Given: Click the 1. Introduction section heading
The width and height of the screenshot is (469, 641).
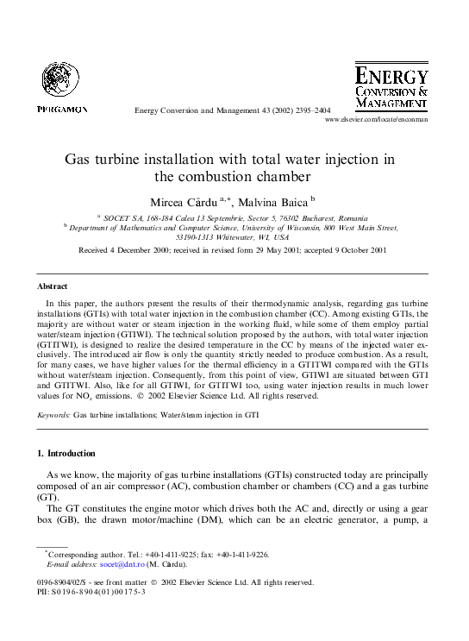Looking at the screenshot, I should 66,453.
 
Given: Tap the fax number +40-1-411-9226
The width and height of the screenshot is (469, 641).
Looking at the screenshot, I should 245,555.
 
